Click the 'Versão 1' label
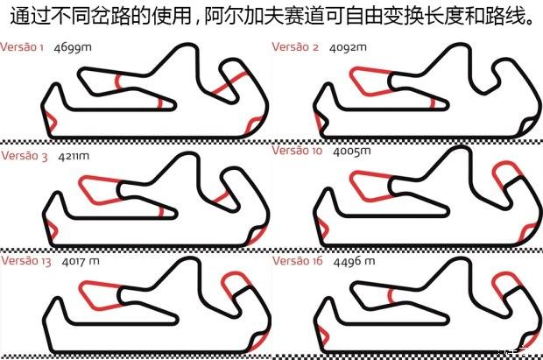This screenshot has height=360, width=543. click(22, 47)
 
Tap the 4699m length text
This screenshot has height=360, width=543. click(73, 47)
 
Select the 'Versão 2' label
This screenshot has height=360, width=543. click(295, 46)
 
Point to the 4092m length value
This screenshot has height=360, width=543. click(348, 47)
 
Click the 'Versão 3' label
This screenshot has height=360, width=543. click(25, 156)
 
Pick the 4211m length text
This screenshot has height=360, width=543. click(74, 156)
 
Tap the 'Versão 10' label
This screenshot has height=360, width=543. click(297, 151)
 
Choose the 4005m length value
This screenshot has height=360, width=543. click(352, 152)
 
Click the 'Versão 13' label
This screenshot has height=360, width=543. click(26, 260)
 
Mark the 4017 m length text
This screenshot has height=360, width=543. click(81, 261)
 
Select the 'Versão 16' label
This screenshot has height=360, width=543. click(298, 260)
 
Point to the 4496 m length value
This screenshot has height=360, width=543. click(355, 261)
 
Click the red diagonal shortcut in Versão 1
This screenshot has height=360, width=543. click(229, 83)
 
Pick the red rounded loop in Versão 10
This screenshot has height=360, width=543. click(506, 164)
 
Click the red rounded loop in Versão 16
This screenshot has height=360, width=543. click(505, 274)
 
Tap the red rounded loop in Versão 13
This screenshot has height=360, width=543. click(236, 274)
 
